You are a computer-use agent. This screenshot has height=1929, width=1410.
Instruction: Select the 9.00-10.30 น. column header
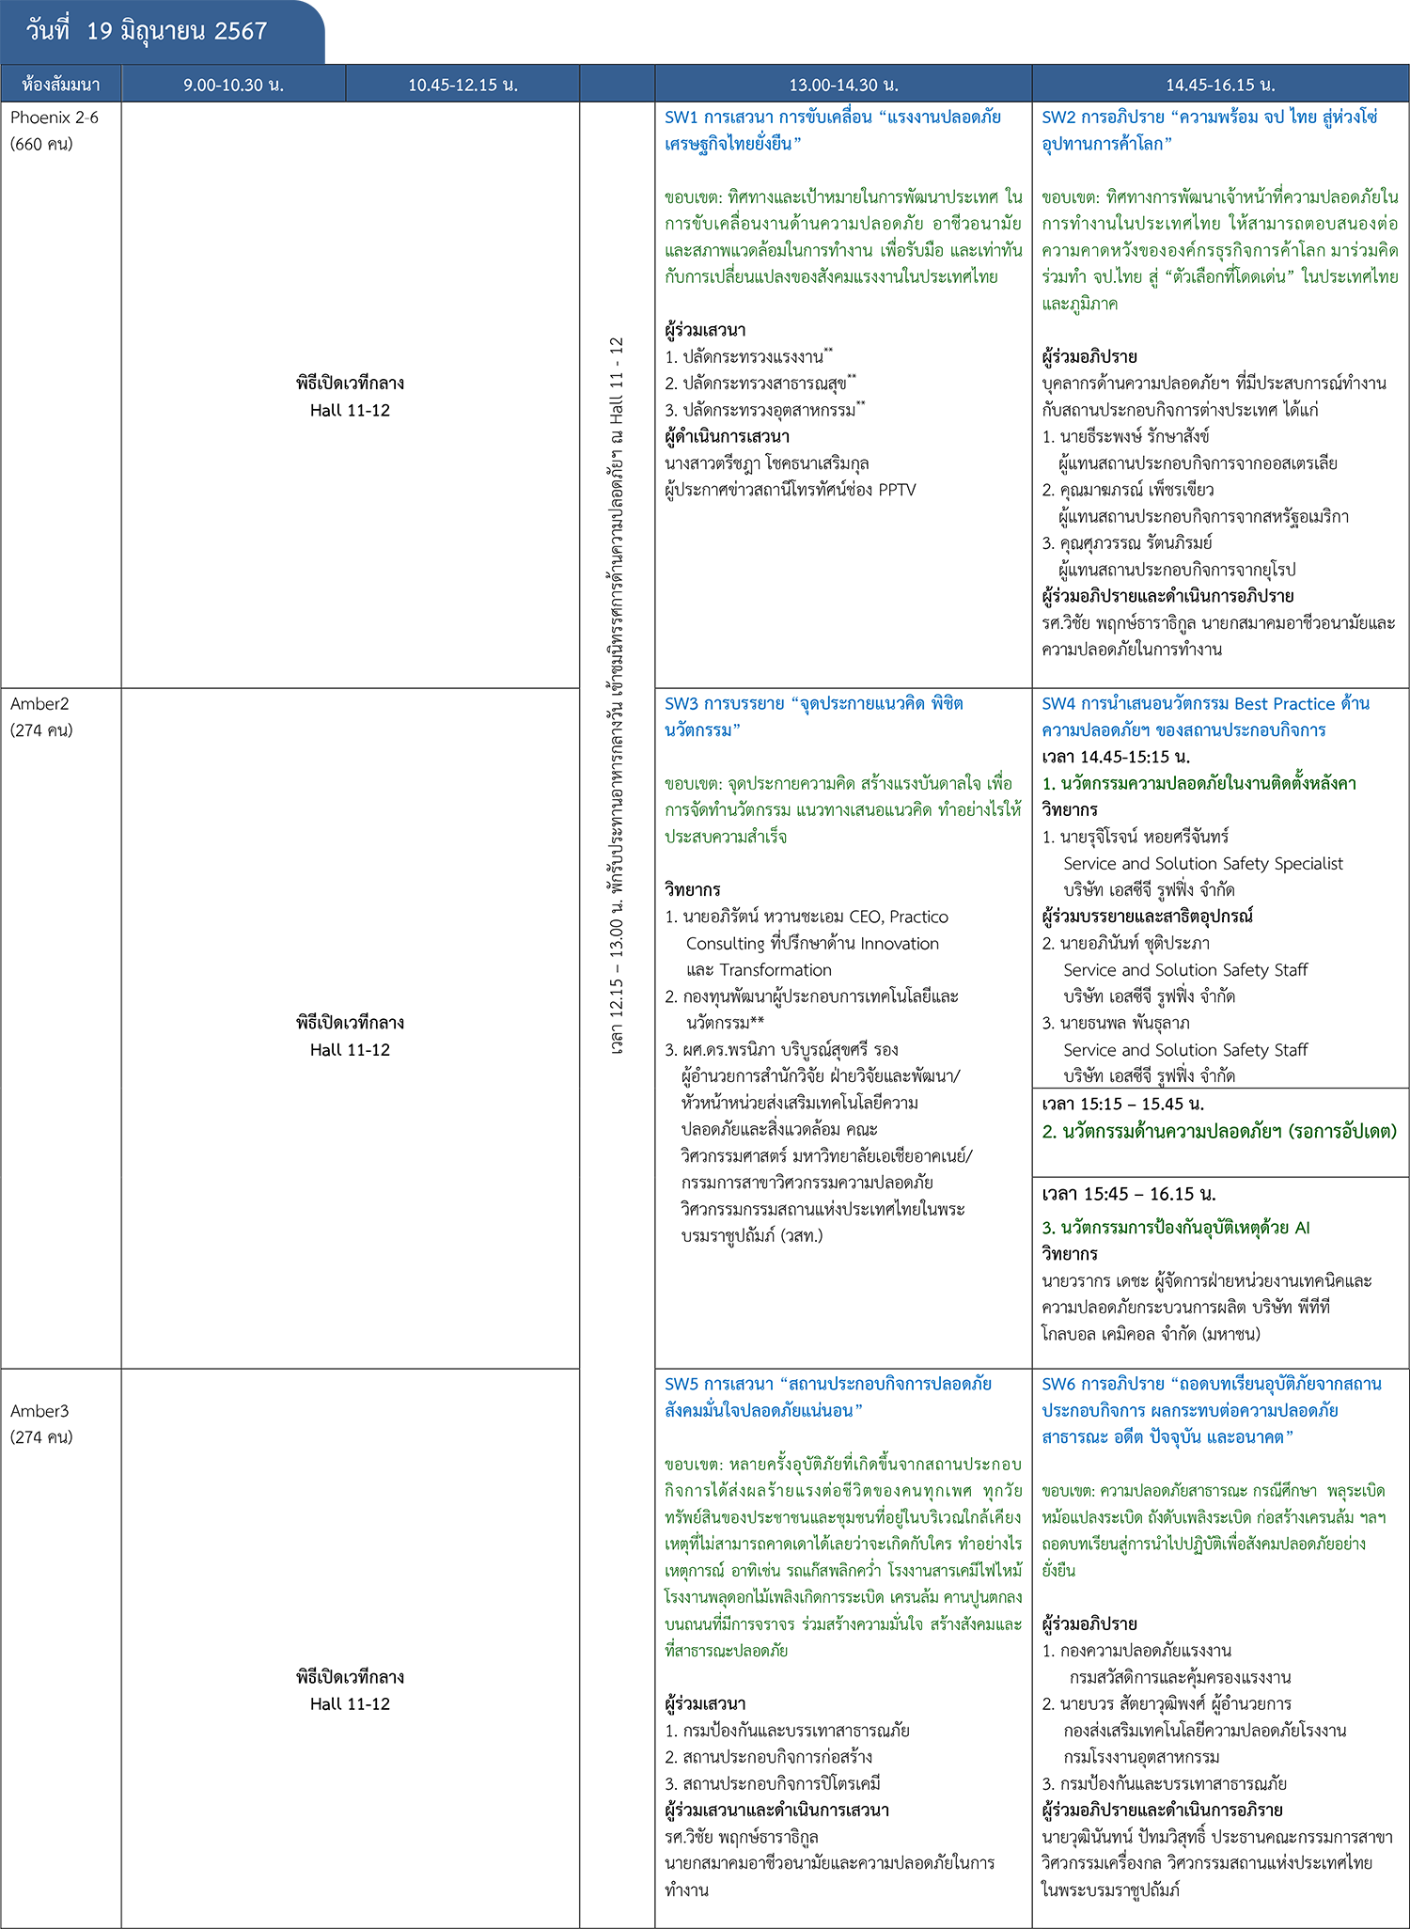click(x=233, y=85)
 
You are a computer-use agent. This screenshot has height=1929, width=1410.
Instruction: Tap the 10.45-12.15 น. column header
click(x=462, y=85)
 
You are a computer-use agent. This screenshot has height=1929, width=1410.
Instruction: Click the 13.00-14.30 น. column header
click(x=843, y=85)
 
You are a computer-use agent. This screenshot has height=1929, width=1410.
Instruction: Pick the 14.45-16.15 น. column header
click(x=1220, y=85)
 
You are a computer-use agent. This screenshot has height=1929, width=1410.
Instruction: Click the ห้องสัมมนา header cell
click(x=61, y=85)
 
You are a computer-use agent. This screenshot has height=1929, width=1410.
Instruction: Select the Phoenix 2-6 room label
click(x=55, y=118)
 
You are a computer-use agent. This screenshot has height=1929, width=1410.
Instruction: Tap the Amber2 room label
click(x=39, y=704)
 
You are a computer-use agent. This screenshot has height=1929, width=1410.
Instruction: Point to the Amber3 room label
click(x=39, y=1411)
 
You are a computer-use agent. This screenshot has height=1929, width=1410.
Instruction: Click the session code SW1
click(x=681, y=118)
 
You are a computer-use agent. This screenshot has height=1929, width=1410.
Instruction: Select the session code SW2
click(x=1058, y=118)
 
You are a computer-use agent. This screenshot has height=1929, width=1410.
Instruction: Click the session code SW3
click(x=681, y=704)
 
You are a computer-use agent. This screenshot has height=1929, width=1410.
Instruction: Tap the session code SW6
click(x=1058, y=1384)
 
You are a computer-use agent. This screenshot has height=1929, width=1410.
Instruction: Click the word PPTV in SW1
click(x=897, y=490)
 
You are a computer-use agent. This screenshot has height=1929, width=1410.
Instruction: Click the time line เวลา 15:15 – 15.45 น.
click(x=1122, y=1104)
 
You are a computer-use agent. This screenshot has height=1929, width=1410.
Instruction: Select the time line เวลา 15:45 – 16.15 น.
click(x=1128, y=1194)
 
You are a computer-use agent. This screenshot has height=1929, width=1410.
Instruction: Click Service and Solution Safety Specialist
click(x=1203, y=864)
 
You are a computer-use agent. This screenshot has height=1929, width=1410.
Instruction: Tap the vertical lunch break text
click(x=617, y=696)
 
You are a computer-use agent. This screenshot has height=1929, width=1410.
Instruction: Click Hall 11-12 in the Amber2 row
click(x=350, y=1050)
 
